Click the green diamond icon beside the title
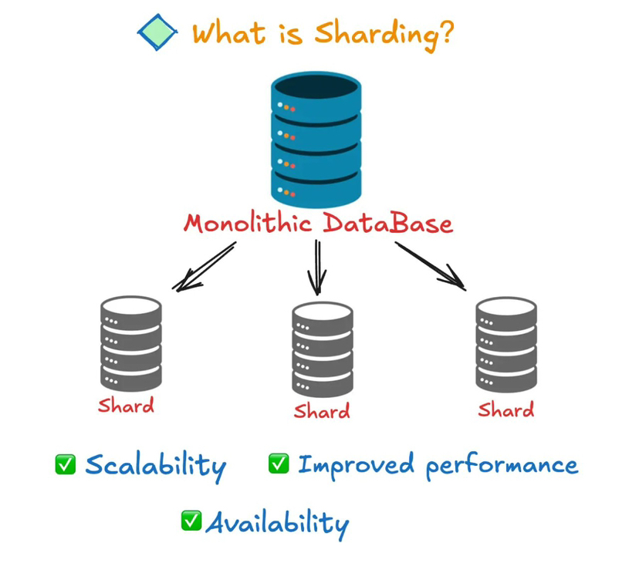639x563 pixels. click(x=157, y=32)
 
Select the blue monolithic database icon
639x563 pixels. click(x=316, y=138)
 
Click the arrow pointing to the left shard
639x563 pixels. click(x=205, y=267)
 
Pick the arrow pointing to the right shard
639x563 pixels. click(x=431, y=266)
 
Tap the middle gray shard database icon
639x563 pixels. click(x=322, y=349)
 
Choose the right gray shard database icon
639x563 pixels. click(x=505, y=344)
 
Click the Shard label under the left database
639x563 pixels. click(x=126, y=405)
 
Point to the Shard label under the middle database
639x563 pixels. click(x=322, y=410)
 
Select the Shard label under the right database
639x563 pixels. click(x=505, y=409)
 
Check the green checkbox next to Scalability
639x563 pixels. click(x=66, y=464)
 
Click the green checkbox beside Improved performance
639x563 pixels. click(x=279, y=463)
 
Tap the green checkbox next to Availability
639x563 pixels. click(x=191, y=521)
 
